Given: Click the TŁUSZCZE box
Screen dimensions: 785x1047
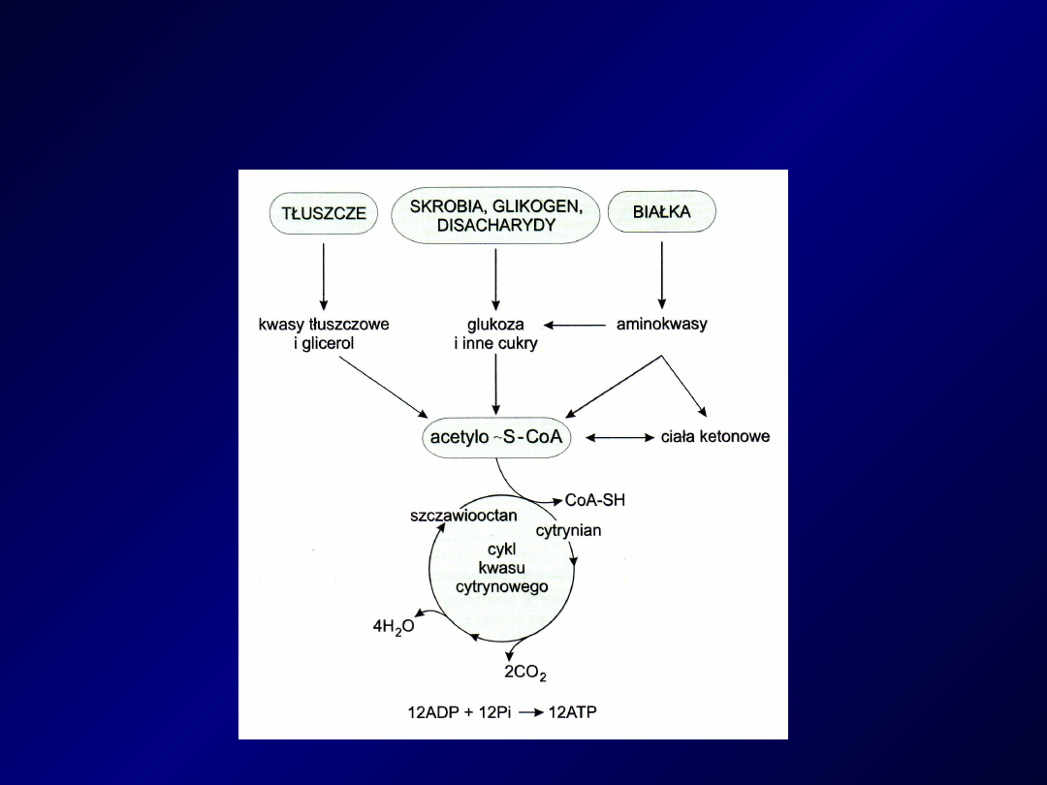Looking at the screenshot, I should [324, 213].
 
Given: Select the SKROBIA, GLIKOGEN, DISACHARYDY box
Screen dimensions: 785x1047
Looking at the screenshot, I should [495, 215].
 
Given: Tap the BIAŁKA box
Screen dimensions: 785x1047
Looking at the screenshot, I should [661, 211].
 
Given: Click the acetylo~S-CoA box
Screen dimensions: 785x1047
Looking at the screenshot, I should [495, 437].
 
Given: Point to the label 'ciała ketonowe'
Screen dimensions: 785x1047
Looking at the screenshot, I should [714, 437].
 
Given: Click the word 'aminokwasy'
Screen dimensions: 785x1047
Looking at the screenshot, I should [661, 325].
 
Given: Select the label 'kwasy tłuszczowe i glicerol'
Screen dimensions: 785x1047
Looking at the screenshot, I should [324, 333].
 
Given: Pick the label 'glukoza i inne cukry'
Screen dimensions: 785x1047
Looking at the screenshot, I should [495, 333].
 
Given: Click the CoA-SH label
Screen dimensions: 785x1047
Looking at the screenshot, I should [595, 500].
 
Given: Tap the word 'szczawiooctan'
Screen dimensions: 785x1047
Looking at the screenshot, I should [463, 516].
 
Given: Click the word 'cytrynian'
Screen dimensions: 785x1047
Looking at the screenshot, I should [568, 531].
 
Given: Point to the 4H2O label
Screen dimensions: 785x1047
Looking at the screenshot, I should [394, 627].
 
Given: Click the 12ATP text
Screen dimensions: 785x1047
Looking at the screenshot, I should [573, 712].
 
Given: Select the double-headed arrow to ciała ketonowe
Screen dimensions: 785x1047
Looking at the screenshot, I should [620, 438].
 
